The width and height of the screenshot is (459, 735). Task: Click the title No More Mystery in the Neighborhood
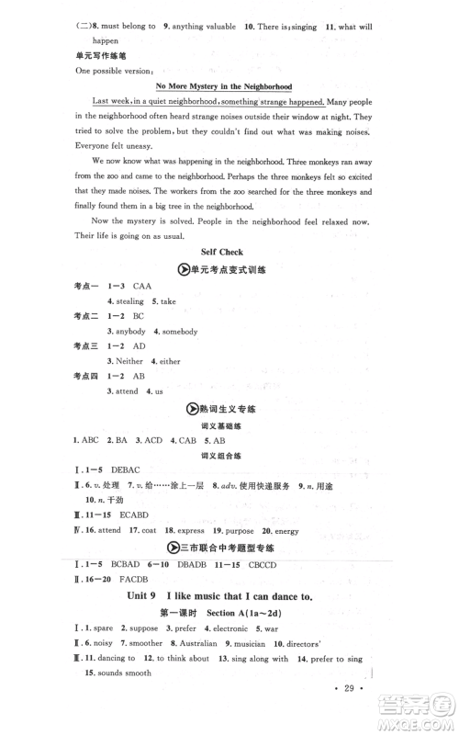click(229, 86)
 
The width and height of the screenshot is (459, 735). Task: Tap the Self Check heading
click(229, 252)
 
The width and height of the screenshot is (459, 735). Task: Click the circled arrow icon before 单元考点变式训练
click(180, 270)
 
